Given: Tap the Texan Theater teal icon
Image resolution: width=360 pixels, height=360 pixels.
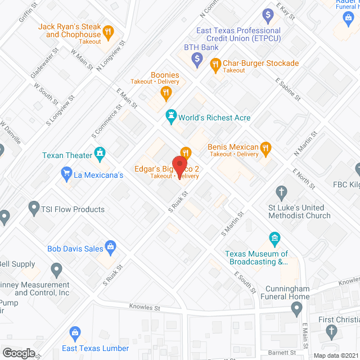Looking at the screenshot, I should [x=100, y=152].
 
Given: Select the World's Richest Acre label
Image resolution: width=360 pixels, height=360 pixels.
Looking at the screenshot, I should [x=214, y=118].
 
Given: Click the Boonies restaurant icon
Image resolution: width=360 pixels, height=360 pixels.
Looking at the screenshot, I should [x=165, y=94].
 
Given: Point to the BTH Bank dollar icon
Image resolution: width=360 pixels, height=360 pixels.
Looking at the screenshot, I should [x=197, y=58].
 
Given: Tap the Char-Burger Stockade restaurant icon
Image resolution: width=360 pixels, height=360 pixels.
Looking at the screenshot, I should [x=215, y=66].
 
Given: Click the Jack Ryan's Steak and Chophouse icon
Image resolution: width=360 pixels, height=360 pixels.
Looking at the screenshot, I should [x=109, y=31].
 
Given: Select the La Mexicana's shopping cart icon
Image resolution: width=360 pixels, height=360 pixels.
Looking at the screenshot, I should [x=66, y=174].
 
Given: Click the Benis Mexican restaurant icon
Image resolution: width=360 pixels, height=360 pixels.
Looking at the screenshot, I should [x=267, y=148].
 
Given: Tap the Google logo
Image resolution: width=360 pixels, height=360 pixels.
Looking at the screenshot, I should [x=19, y=353].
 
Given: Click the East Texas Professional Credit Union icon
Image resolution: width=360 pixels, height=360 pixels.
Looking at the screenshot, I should [x=268, y=14].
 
